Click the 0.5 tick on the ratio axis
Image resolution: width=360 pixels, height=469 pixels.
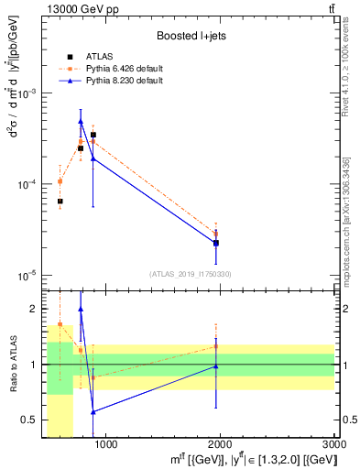coord(33,420)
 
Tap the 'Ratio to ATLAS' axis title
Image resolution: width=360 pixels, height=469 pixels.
coord(13,365)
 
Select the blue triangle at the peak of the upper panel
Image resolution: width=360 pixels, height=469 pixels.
coord(81,121)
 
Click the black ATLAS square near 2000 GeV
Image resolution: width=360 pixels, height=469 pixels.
coord(216,243)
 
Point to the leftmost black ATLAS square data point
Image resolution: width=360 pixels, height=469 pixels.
coord(60,202)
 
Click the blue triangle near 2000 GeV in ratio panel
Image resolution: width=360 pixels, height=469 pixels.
coord(216,366)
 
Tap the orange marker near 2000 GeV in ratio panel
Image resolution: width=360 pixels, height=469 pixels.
coord(216,346)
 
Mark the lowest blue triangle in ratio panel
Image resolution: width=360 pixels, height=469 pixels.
coord(93,411)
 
